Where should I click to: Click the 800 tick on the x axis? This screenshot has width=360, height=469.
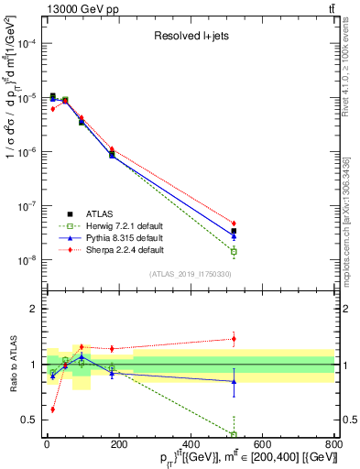tap(334, 445)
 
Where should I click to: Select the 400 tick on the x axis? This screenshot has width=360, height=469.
tap(191, 445)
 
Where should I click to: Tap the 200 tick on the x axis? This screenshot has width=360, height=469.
tap(119, 445)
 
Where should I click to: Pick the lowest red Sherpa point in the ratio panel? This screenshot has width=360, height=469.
tap(52, 409)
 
